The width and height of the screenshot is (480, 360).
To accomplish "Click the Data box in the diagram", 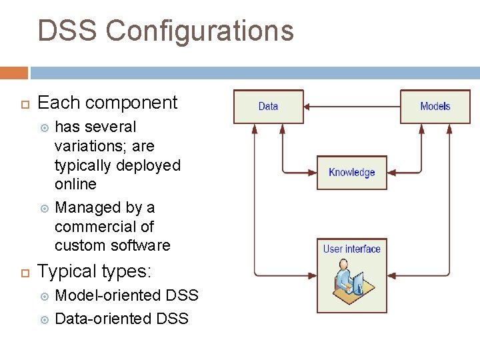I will (268, 107).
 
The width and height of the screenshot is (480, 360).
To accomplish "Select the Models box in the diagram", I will (435, 107).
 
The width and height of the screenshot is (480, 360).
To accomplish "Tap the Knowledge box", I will (351, 173).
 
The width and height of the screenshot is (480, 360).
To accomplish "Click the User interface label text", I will (351, 249).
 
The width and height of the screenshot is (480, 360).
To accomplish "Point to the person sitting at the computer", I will (347, 281).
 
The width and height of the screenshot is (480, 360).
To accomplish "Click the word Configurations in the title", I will (199, 31).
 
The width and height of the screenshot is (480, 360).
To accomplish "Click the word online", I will (75, 184).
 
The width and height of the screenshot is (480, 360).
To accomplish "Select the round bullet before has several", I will (45, 127).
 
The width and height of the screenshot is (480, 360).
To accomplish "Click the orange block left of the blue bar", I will (14, 73).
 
